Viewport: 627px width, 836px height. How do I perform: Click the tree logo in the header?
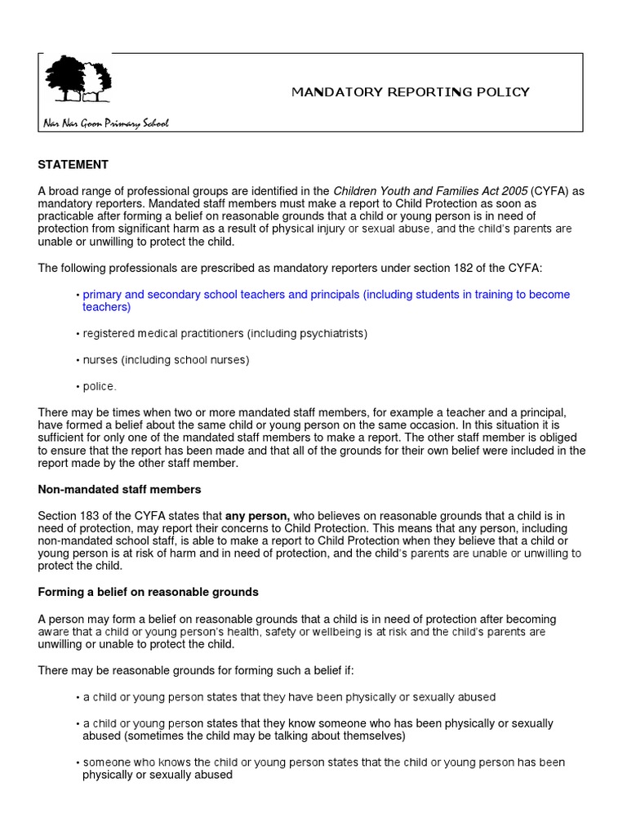(78, 79)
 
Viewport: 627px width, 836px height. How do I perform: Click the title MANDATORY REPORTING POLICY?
(411, 91)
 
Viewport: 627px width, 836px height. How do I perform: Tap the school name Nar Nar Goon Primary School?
(105, 123)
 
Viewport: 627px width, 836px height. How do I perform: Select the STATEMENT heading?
(73, 164)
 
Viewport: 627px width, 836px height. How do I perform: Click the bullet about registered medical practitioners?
(225, 334)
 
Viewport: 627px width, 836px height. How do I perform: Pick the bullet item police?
(100, 386)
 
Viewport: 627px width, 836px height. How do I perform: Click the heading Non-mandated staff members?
(119, 489)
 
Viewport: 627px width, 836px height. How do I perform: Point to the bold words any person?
(257, 516)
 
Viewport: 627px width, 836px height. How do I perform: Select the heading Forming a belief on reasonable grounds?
(148, 592)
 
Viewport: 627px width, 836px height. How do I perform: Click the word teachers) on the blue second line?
(106, 307)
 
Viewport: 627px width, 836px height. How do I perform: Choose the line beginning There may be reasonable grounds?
(195, 670)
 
